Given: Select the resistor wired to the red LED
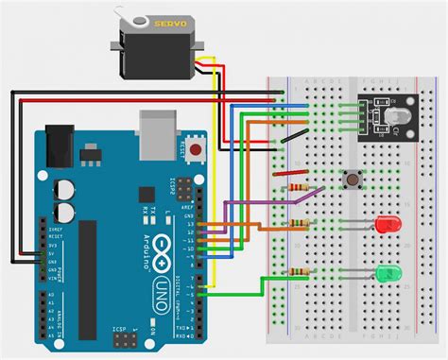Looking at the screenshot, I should (x=301, y=224).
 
